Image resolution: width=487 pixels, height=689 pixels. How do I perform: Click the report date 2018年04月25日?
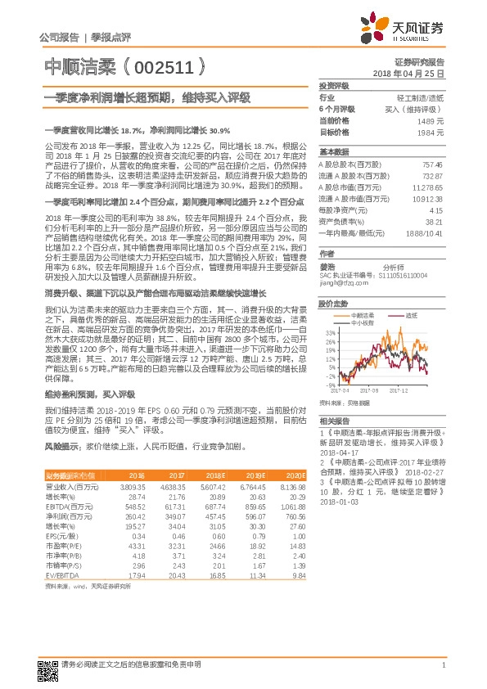pos(418,74)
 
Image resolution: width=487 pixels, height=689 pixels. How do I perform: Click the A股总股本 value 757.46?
pos(432,164)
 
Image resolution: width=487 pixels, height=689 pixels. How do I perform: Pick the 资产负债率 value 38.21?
pos(434,221)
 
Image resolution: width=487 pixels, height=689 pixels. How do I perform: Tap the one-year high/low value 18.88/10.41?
pos(426,232)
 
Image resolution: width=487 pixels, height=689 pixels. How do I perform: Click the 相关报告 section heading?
pos(333,419)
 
